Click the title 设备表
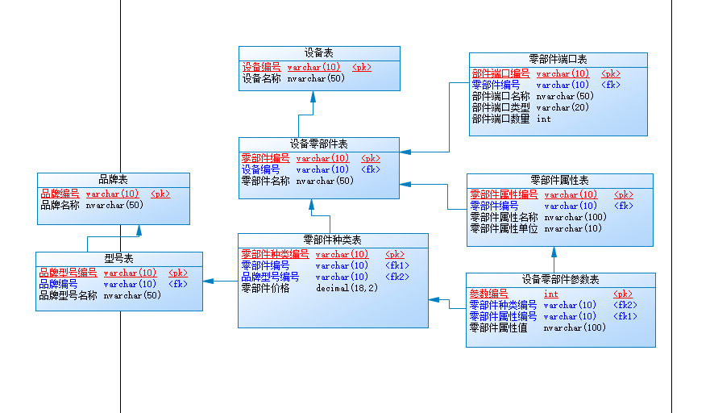coord(319,52)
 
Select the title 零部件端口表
coord(558,59)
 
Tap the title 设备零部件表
coord(319,144)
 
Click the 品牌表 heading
coord(113,179)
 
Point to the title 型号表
coord(118,258)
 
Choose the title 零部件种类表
coord(332,240)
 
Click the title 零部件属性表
coord(559,180)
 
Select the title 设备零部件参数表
coord(560,279)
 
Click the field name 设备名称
coord(262,79)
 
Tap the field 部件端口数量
coord(501,119)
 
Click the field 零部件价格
coord(265,288)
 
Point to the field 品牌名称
coord(60,205)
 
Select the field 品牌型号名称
coord(68,295)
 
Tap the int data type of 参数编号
coord(550,294)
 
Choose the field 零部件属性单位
coord(504,228)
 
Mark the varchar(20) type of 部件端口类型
coord(562,107)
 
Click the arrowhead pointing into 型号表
coord(207,281)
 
